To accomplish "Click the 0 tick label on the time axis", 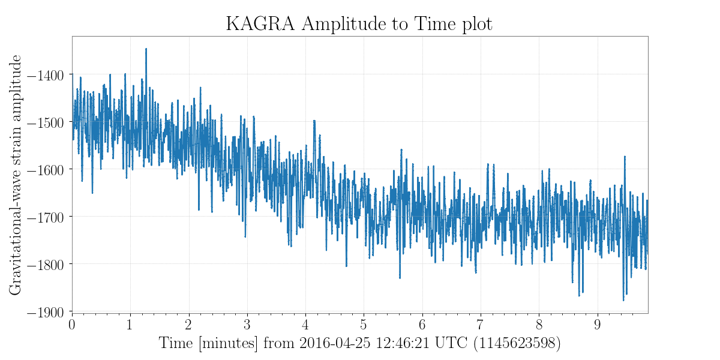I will coord(72,325).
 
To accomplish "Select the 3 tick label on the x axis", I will coord(247,325).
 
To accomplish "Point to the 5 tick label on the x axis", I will coord(364,325).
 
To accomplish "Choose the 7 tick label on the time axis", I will coord(481,325).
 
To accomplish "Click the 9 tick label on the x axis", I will coord(598,325).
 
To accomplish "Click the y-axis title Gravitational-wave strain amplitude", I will coord(16,174).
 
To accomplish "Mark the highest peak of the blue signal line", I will coord(146,49).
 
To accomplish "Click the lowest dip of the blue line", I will coord(623,300).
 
